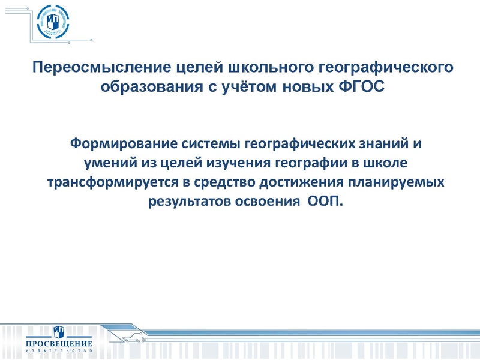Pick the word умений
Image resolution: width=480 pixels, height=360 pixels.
(x=108, y=163)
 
